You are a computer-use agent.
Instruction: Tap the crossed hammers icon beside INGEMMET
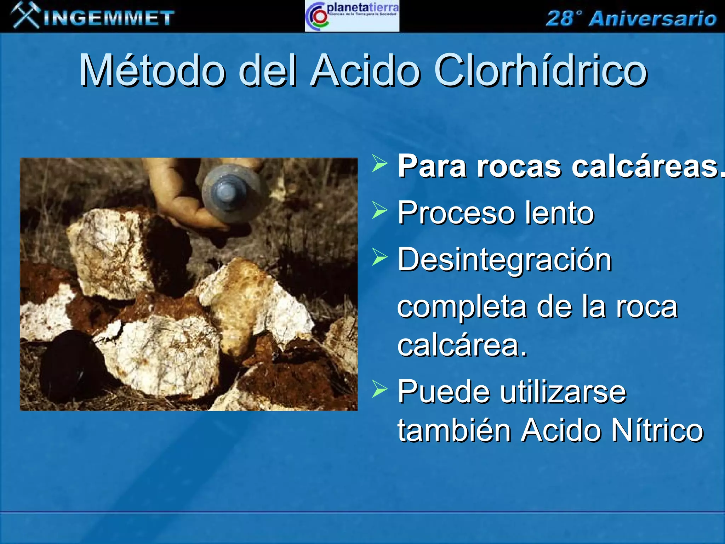click(x=25, y=15)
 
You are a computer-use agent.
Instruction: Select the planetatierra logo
click(x=352, y=16)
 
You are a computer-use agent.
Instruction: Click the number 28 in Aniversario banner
click(x=560, y=18)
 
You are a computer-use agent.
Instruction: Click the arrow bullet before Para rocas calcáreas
click(x=379, y=164)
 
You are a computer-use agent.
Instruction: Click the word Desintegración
click(x=504, y=260)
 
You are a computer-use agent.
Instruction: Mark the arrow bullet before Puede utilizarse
click(x=379, y=389)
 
